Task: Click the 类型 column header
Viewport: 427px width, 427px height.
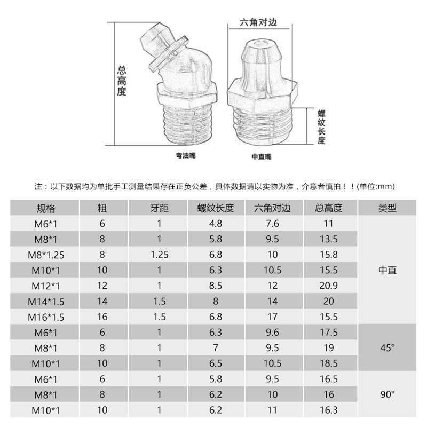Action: click(388, 208)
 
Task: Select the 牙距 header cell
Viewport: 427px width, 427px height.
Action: click(160, 208)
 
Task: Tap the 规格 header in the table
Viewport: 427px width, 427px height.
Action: click(46, 208)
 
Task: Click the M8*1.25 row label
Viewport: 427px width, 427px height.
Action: click(46, 255)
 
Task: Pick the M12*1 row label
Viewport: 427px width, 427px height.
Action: click(46, 286)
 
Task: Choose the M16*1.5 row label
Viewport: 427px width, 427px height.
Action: click(46, 317)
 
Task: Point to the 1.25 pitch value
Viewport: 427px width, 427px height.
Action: click(160, 255)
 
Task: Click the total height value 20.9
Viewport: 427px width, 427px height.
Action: click(329, 286)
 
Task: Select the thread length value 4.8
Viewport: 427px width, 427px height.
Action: click(216, 224)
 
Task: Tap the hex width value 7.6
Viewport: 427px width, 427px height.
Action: click(273, 224)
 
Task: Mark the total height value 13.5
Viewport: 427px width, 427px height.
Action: click(329, 239)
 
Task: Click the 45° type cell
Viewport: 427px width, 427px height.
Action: click(388, 348)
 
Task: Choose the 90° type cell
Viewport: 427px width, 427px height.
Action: click(388, 395)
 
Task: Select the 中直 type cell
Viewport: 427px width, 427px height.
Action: click(388, 270)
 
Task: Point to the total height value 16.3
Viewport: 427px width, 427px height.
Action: click(329, 410)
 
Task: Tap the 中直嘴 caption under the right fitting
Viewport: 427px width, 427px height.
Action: click(262, 157)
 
